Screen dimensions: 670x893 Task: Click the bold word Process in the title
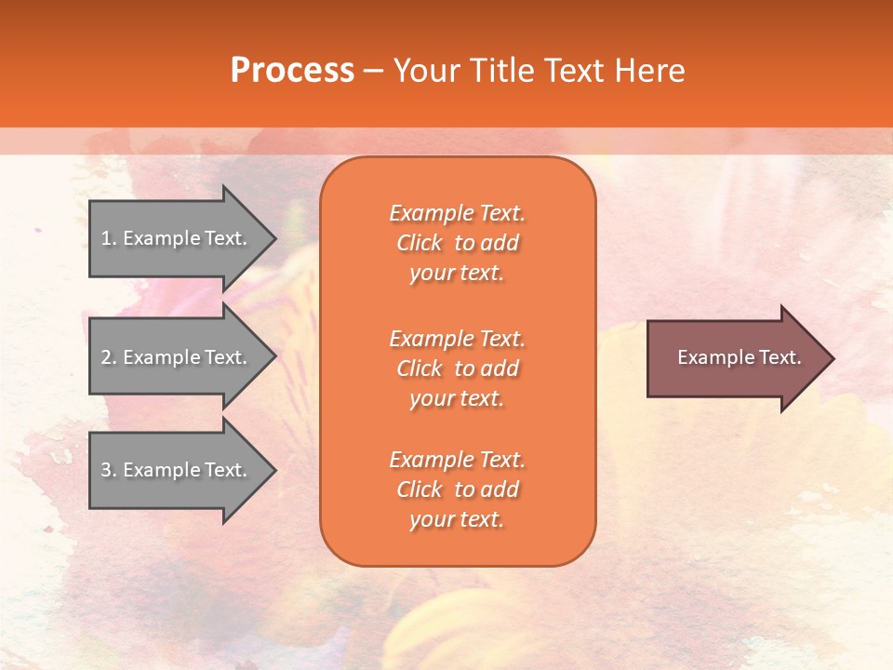(292, 70)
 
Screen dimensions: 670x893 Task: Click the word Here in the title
(649, 70)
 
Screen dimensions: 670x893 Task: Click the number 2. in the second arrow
(109, 357)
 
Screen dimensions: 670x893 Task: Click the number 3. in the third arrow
(109, 470)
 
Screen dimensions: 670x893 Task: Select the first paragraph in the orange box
(457, 243)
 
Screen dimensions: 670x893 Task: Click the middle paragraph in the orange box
(457, 368)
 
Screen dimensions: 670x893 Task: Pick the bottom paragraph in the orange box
(457, 489)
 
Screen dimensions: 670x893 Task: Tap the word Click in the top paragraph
(420, 243)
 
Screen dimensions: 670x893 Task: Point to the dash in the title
(373, 71)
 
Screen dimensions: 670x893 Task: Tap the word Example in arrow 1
(161, 238)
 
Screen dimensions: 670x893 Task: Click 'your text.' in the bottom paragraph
(457, 519)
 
